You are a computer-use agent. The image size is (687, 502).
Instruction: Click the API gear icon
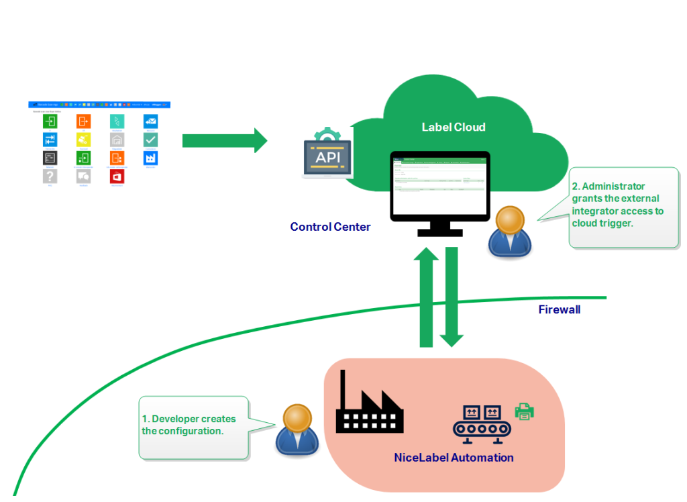pos(328,154)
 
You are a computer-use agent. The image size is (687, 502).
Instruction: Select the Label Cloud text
pos(453,127)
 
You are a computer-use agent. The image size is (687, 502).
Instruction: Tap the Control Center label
pos(330,227)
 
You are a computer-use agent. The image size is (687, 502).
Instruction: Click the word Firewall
pos(559,309)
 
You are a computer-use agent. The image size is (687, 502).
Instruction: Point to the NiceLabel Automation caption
pos(454,458)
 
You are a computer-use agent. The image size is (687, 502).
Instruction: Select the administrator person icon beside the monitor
pos(510,232)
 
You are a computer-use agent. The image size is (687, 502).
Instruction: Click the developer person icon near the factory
pos(297,430)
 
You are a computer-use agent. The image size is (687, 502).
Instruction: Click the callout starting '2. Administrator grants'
pos(620,205)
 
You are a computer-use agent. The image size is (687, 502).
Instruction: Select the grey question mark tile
pos(50,176)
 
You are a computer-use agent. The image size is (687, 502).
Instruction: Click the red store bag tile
pos(117,177)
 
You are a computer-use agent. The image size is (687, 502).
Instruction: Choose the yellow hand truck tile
pos(83,140)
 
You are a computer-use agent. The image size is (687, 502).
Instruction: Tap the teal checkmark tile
pos(150,140)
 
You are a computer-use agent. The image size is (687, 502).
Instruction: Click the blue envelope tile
pos(150,121)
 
